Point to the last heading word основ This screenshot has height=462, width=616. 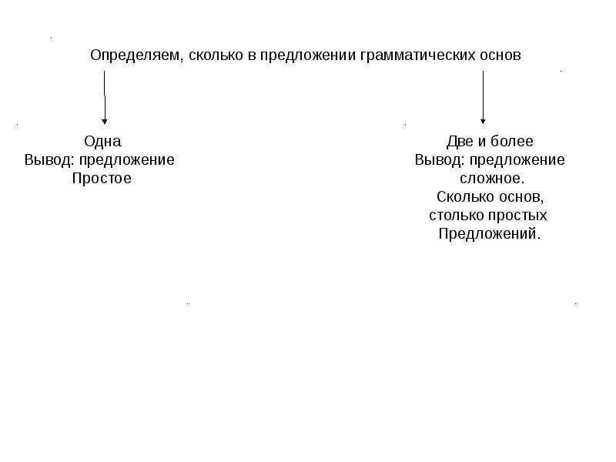point(500,56)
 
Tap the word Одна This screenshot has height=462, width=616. point(102,142)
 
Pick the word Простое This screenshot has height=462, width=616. point(102,179)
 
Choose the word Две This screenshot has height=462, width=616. point(460,142)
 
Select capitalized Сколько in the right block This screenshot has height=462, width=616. point(462,197)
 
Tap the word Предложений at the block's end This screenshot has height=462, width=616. point(490,234)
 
